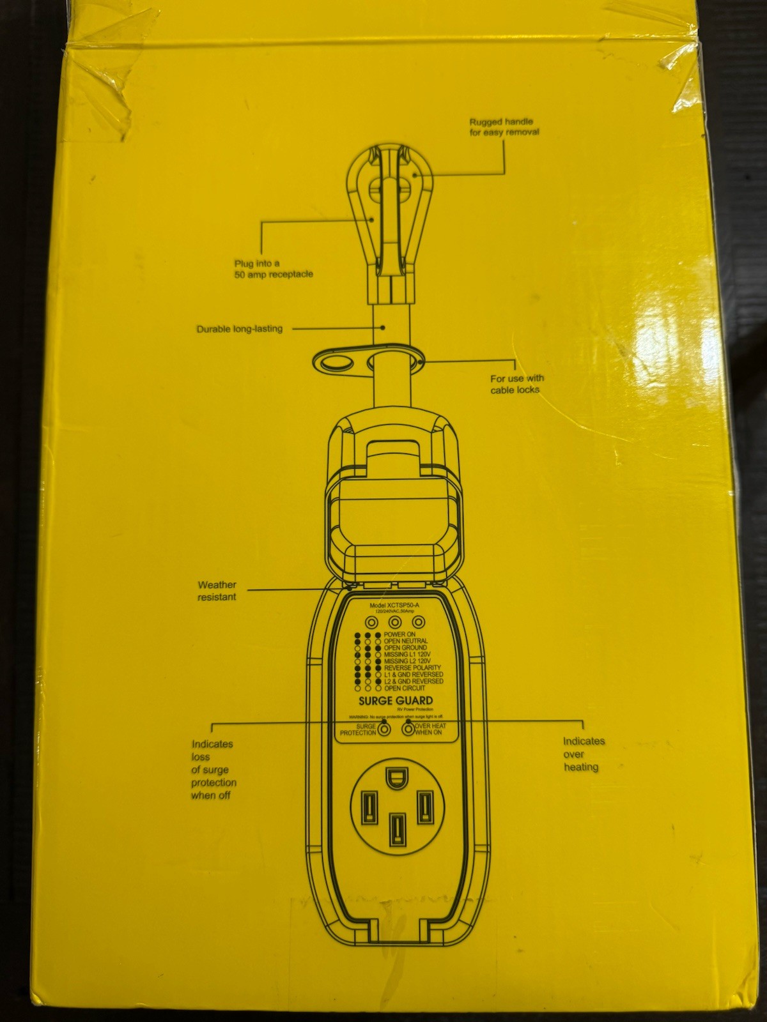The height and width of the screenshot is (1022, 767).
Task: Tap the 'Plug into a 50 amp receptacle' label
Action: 274,268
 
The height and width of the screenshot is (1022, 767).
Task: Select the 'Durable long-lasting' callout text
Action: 239,329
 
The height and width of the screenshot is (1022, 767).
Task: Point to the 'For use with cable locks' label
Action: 516,384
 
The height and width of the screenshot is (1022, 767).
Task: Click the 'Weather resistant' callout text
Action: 217,590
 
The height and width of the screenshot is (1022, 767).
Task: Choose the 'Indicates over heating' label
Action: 583,754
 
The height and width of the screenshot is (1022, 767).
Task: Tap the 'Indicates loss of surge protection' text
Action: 213,769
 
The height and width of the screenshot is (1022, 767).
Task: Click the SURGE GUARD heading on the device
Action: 396,701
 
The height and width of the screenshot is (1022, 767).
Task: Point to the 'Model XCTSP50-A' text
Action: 394,604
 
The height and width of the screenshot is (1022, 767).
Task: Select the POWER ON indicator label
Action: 399,634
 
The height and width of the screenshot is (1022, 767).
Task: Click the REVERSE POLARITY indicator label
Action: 412,667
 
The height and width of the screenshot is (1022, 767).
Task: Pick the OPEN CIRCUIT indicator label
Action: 405,689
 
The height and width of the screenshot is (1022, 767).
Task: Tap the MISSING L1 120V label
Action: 407,655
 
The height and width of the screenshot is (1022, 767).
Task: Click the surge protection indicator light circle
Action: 384,729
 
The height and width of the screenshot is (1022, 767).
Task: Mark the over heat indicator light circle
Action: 408,729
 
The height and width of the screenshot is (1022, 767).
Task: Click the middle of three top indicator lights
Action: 395,622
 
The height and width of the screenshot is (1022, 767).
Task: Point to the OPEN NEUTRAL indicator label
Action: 406,641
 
